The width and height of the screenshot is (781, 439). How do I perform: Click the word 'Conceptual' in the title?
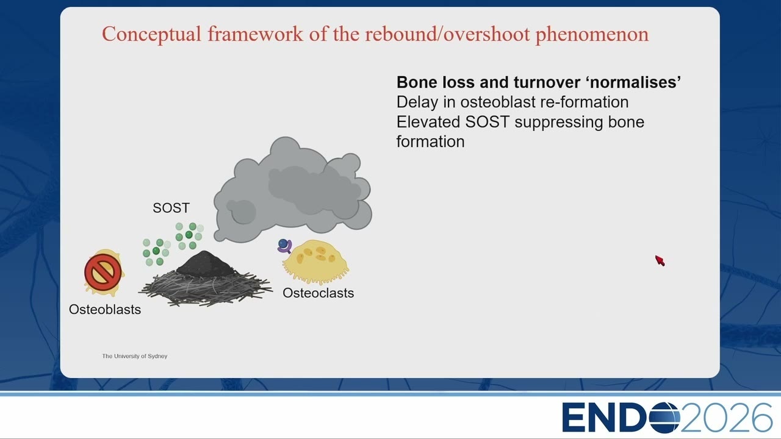152,34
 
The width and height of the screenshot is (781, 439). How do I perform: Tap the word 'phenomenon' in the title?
592,34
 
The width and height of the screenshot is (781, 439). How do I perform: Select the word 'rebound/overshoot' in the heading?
447,34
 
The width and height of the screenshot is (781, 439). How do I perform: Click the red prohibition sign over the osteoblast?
103,272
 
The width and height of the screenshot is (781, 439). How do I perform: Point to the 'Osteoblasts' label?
105,309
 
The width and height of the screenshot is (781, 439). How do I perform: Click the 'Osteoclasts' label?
319,293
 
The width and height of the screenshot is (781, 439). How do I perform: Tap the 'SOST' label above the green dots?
171,208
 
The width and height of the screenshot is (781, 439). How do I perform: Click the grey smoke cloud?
293,190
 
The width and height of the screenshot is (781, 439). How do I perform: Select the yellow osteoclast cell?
315,262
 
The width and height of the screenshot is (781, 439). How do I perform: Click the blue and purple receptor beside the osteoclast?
285,245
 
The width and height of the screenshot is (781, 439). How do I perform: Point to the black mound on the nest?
205,264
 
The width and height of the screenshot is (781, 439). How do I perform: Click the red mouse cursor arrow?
660,260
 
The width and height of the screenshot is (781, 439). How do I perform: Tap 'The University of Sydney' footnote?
135,356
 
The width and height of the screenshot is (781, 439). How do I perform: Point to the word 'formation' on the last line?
431,142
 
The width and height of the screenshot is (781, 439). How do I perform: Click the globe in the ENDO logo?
664,418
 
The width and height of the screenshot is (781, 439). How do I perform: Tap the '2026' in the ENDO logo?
726,418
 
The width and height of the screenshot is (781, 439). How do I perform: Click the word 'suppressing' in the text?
559,123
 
